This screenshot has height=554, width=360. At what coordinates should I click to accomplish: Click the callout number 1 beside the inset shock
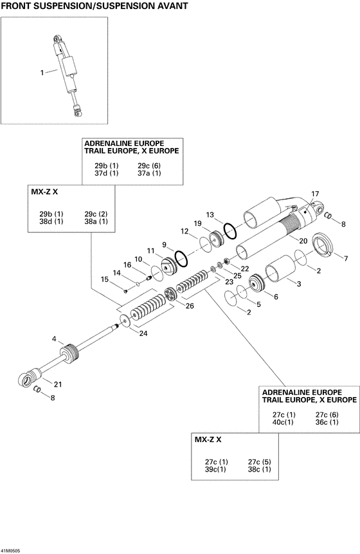click(42, 73)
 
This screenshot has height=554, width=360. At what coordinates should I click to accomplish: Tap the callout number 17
click(315, 194)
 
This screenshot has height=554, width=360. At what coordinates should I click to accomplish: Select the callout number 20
click(302, 240)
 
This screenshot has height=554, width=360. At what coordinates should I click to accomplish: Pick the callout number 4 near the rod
click(54, 338)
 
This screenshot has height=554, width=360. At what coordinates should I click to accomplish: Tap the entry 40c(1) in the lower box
click(281, 422)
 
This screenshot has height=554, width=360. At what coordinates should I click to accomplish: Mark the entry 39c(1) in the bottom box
click(215, 470)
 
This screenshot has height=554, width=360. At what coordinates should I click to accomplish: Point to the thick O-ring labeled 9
click(181, 257)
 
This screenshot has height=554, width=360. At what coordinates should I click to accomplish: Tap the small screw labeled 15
click(125, 290)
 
